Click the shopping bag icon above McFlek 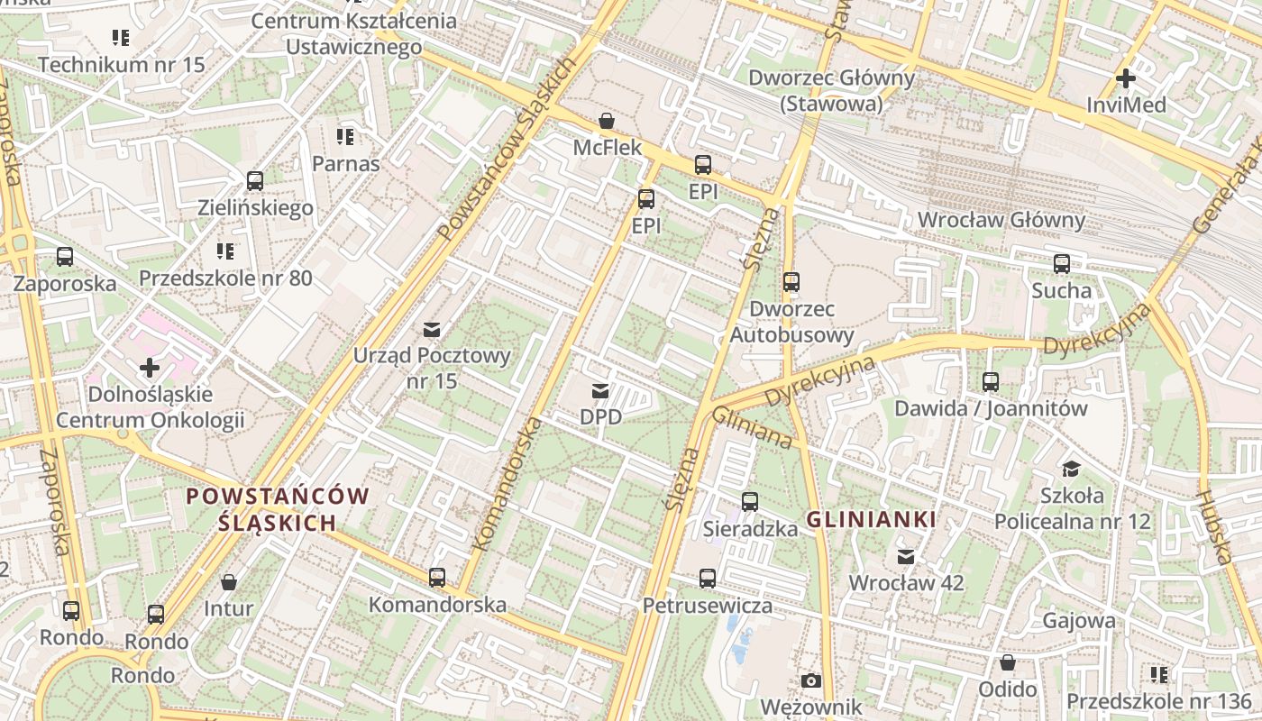click(607, 121)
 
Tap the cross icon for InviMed click(1125, 78)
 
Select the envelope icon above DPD click(599, 391)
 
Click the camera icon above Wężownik click(810, 680)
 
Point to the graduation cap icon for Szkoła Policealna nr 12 click(1071, 469)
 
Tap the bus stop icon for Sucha click(1062, 264)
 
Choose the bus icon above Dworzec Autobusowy click(791, 282)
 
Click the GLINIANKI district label click(871, 520)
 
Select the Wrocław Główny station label click(1001, 220)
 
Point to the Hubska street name click(1214, 527)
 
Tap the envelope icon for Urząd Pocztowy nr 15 click(432, 329)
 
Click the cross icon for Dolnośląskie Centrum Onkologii click(150, 368)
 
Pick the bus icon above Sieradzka click(749, 502)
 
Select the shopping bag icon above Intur click(229, 582)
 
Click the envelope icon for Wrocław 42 click(906, 557)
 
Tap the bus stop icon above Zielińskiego click(255, 181)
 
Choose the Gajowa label click(1078, 621)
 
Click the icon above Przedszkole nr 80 click(225, 251)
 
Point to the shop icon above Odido click(1008, 663)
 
